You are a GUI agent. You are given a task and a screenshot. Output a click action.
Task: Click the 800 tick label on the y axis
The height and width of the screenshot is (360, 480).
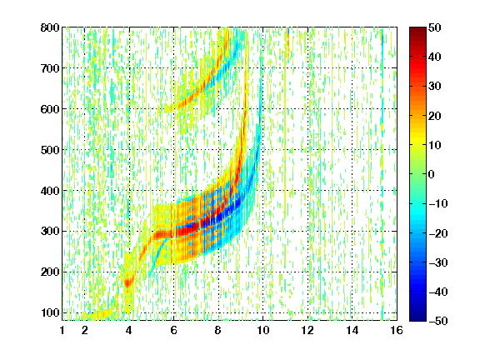click(x=50, y=27)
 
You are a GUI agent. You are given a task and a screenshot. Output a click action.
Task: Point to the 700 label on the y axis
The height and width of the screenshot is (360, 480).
click(x=50, y=68)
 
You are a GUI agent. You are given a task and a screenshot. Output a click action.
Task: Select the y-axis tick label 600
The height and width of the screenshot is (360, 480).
click(x=50, y=109)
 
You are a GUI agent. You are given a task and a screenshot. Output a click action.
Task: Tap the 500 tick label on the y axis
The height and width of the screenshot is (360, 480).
click(x=50, y=150)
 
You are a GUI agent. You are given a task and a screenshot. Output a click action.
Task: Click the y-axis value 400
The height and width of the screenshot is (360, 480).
click(x=50, y=191)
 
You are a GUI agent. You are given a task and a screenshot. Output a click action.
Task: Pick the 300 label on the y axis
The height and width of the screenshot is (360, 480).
click(x=50, y=231)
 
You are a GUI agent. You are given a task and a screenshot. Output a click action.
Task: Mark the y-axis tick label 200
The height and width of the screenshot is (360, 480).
click(x=50, y=272)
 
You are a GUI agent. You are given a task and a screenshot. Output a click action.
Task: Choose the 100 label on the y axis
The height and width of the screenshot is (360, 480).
click(x=50, y=312)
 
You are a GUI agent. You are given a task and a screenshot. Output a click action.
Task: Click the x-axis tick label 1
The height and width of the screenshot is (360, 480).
click(x=62, y=330)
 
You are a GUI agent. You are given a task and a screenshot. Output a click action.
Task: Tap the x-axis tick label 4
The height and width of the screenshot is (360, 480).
click(x=129, y=330)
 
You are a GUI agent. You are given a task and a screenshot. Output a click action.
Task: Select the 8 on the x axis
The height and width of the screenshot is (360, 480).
click(x=218, y=330)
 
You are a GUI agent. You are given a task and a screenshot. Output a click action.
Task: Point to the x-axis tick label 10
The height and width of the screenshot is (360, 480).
click(x=262, y=330)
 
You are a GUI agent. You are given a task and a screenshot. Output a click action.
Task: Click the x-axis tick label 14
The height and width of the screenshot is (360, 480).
click(x=352, y=330)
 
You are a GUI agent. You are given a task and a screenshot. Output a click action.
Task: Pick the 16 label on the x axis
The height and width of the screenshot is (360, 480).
click(x=397, y=330)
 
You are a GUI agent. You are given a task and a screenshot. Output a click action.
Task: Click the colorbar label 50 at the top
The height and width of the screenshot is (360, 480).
click(x=434, y=27)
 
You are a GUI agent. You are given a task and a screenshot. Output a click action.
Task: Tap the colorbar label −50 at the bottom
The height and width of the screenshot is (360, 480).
click(x=438, y=321)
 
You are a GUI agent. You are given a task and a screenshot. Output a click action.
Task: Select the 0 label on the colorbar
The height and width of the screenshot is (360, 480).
click(x=432, y=174)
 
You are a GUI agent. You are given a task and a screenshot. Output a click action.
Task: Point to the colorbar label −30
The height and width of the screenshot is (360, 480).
click(x=438, y=262)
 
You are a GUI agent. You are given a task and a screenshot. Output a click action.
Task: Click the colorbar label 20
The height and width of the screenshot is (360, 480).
click(x=434, y=116)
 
